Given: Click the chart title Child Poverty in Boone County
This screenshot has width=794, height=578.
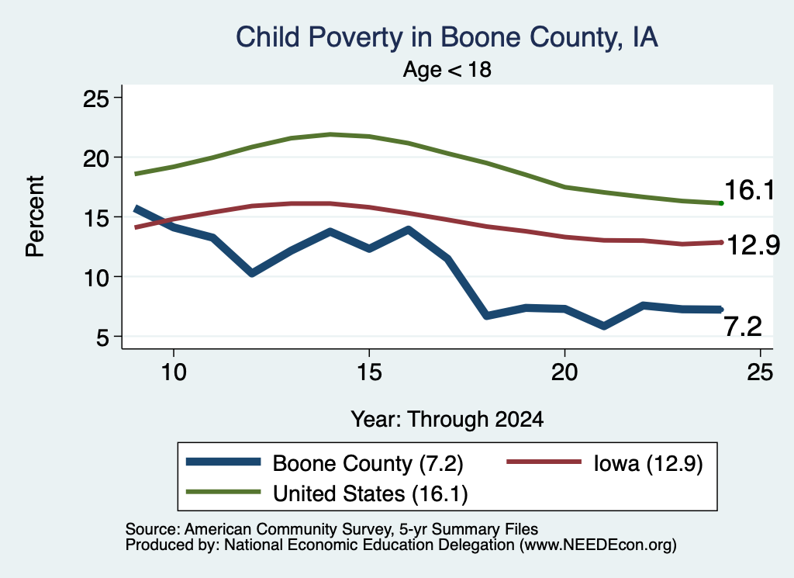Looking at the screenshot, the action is pos(447,37).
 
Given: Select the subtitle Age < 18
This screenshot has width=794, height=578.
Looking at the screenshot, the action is pos(447,69).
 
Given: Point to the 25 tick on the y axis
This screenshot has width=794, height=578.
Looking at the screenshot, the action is pos(95,98).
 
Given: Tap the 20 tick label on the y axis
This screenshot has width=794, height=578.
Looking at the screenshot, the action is pos(95,158).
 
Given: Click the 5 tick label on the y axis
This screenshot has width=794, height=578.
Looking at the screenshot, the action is pos(102,337).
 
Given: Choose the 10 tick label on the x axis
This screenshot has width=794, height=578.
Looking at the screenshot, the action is pos(174,372).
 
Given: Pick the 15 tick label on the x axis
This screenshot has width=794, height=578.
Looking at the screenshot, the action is pos(369,372).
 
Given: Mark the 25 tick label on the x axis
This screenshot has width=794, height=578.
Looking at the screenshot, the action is pos(760,372).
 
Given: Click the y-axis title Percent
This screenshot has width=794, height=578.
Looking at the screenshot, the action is pos(36,216).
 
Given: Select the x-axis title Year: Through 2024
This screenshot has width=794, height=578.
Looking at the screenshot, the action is pos(447,420).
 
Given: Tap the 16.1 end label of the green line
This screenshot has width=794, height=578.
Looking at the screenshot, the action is pos(750,191).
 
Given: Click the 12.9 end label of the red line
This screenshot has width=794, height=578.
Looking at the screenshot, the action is pos(754,245).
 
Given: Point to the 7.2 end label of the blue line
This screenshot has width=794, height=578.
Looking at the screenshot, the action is pos(743,326).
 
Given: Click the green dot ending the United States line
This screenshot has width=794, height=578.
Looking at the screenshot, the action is pos(721,203).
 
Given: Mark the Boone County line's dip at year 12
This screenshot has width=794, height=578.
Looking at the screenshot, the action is pos(252,274).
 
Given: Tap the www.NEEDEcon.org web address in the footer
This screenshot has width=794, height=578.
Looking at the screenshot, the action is pos(598,545).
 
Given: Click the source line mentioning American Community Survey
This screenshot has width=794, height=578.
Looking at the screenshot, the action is pos(332,529).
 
